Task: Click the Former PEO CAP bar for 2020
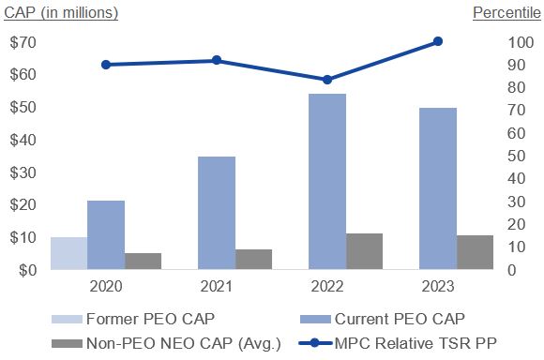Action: click(x=68, y=253)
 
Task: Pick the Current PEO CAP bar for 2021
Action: click(x=217, y=213)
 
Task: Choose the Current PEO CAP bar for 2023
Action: click(x=438, y=188)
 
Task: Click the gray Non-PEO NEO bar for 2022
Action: click(x=364, y=251)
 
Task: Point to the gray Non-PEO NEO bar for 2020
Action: click(x=143, y=261)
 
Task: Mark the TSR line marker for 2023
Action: click(x=438, y=41)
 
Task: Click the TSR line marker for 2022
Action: click(x=327, y=80)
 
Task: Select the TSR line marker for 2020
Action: click(x=105, y=65)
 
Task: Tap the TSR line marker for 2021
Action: click(x=217, y=60)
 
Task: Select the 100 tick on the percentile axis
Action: click(x=491, y=43)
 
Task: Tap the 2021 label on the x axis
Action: click(x=217, y=286)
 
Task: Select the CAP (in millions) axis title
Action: click(x=59, y=12)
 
